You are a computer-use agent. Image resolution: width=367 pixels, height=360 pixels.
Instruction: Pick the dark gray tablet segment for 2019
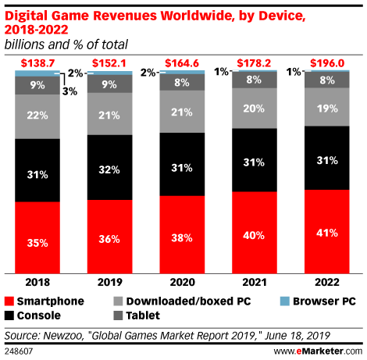click(x=110, y=84)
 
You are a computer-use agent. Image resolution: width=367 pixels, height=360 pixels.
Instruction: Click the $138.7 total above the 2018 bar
click(x=37, y=62)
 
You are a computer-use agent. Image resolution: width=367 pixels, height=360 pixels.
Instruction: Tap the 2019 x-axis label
click(x=110, y=282)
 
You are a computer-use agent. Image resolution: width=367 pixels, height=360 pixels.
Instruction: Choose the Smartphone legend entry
click(x=47, y=301)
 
